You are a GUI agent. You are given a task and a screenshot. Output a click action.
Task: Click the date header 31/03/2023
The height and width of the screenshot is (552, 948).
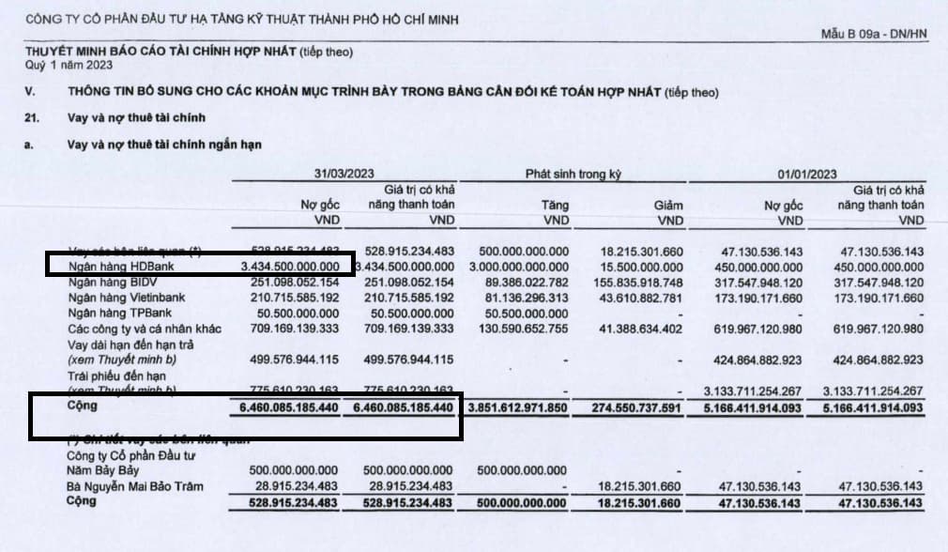(x=343, y=175)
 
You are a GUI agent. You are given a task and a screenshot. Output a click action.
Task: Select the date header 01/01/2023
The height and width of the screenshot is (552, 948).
(x=807, y=175)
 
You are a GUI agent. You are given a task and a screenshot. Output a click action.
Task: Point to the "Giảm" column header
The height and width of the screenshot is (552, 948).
(x=668, y=205)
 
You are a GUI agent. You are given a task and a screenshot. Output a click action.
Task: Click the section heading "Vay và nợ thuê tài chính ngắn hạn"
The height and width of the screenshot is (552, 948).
(x=164, y=146)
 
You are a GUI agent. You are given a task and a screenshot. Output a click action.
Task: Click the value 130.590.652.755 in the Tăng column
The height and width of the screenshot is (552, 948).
(x=521, y=329)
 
